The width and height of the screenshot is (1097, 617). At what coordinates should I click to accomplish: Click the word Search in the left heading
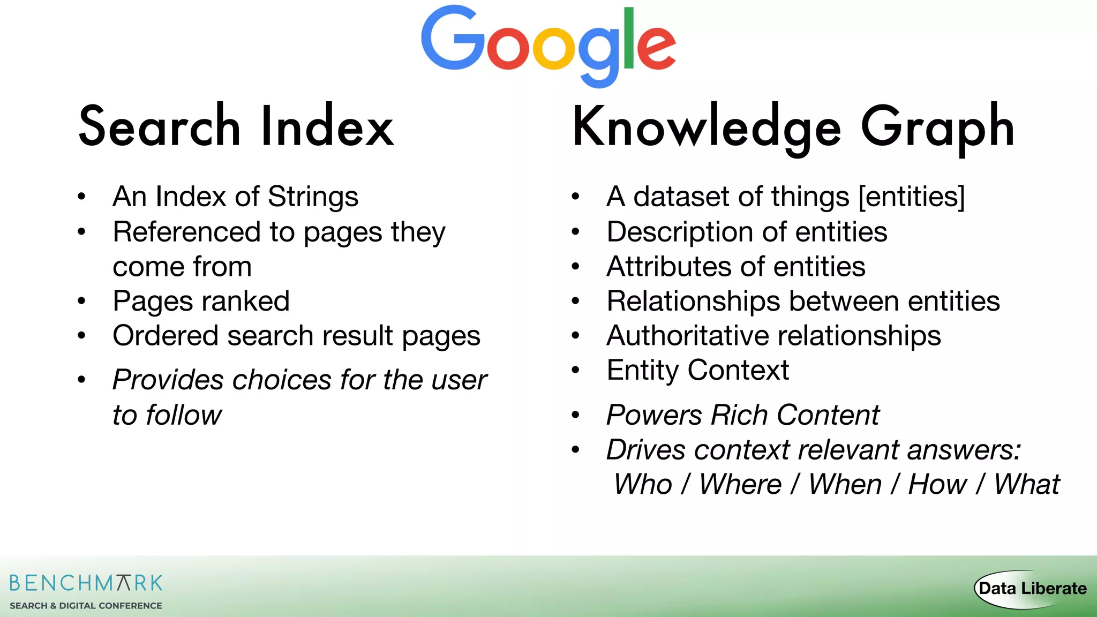tap(159, 127)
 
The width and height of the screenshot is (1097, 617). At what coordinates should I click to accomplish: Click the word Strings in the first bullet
tap(313, 197)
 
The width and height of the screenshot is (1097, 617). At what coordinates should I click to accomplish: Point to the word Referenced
tap(187, 232)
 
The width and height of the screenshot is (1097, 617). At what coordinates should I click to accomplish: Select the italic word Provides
tap(168, 380)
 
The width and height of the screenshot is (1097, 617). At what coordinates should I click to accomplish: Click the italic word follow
tap(184, 415)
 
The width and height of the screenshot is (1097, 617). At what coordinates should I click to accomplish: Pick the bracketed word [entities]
tap(912, 197)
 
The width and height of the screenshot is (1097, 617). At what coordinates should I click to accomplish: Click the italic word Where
tap(740, 485)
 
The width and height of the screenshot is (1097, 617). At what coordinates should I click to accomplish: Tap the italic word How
tap(937, 485)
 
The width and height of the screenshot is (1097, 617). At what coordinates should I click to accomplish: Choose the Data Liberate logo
tap(1031, 589)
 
